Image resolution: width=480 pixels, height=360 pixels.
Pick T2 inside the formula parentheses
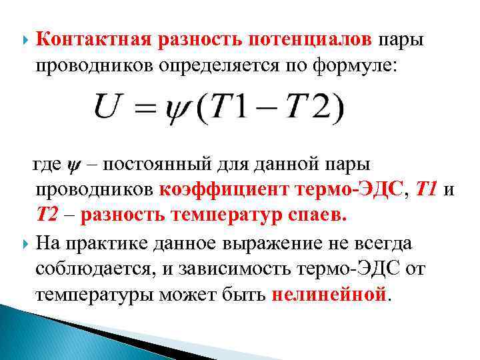(313, 108)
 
